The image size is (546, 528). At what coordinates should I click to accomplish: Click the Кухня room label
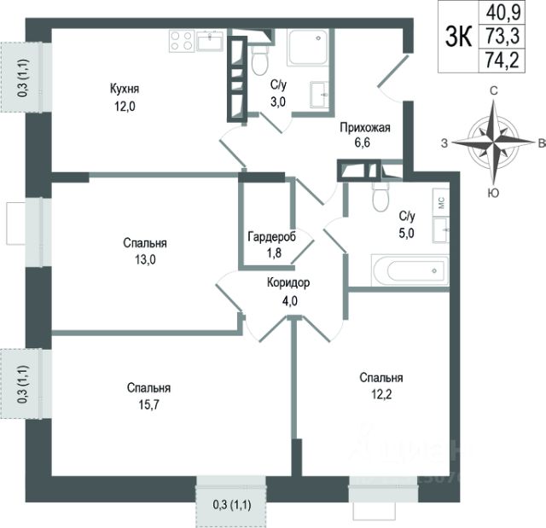pyautogui.click(x=124, y=88)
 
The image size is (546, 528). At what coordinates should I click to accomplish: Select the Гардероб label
pyautogui.click(x=271, y=236)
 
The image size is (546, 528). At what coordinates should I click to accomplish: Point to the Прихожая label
pyautogui.click(x=364, y=128)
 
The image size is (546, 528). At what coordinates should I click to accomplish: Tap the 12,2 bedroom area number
pyautogui.click(x=380, y=394)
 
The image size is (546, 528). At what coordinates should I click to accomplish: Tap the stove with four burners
pyautogui.click(x=181, y=40)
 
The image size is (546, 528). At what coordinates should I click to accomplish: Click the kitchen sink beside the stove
pyautogui.click(x=210, y=39)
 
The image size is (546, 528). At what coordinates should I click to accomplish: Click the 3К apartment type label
pyautogui.click(x=456, y=37)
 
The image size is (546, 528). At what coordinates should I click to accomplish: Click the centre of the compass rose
pyautogui.click(x=493, y=142)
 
